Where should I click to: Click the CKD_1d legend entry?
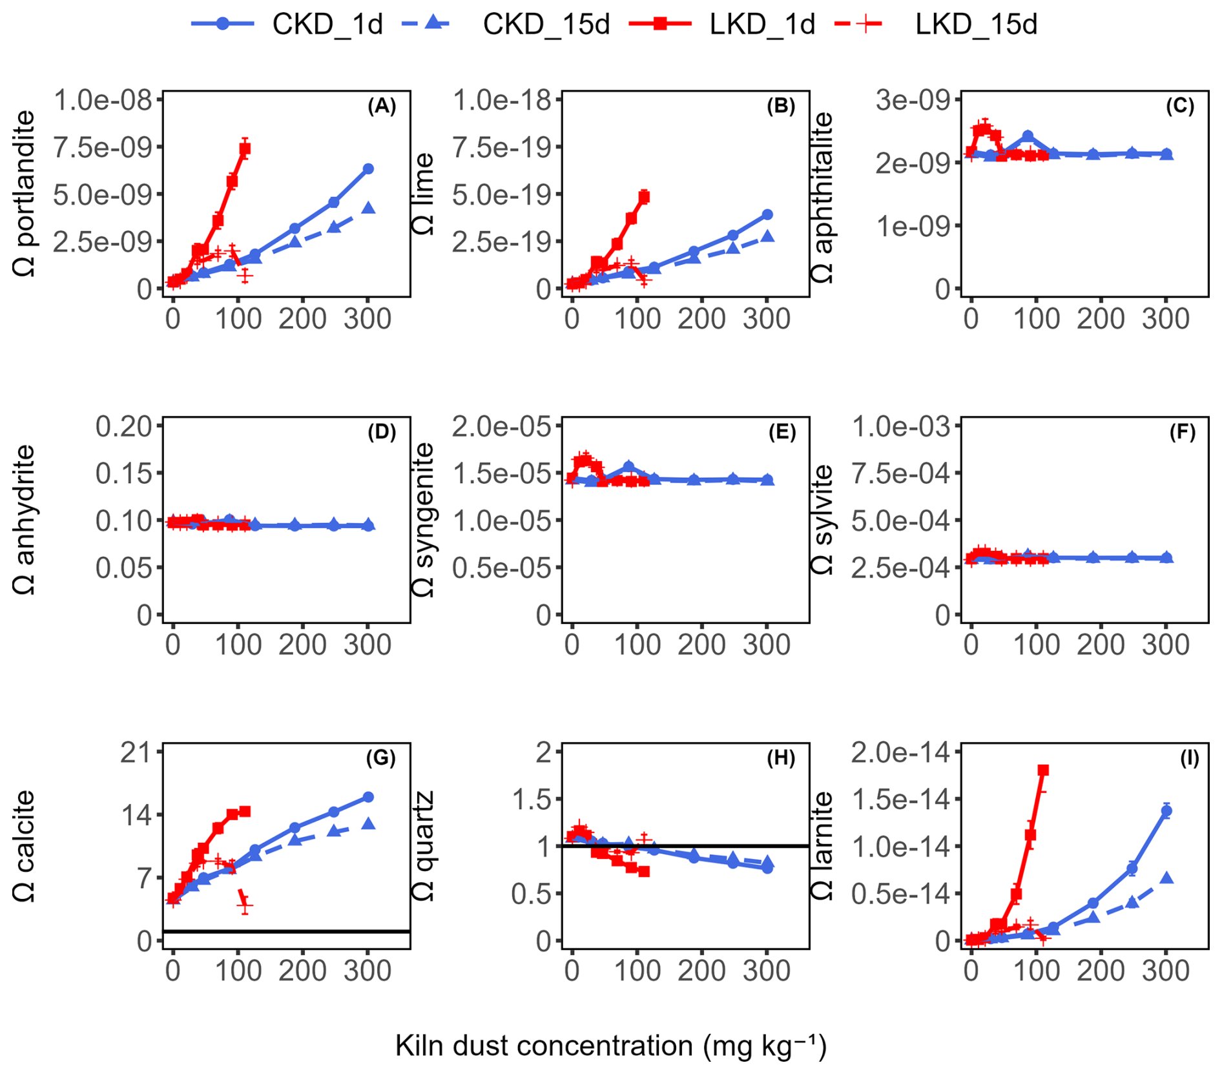click(287, 24)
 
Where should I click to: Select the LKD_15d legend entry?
click(936, 24)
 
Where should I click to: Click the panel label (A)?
click(382, 107)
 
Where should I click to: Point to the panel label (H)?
click(781, 758)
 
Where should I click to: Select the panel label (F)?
click(1182, 432)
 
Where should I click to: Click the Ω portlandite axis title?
click(25, 194)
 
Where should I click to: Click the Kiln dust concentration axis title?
click(610, 1045)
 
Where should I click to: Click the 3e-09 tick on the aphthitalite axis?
click(913, 100)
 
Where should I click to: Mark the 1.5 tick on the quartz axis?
click(533, 799)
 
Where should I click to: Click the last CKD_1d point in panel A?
click(368, 169)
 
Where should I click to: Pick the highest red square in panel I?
click(1043, 770)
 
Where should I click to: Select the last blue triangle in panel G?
click(368, 823)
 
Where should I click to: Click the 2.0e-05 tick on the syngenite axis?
click(502, 426)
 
